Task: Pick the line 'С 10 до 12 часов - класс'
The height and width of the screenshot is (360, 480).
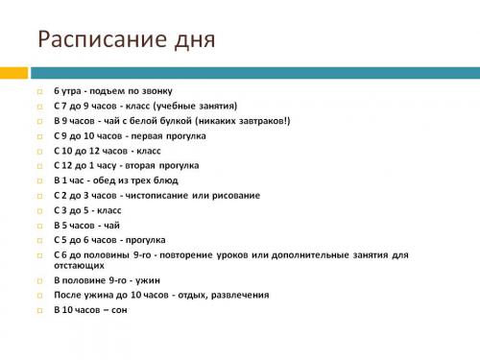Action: [x=108, y=151]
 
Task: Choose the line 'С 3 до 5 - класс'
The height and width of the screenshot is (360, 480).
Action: [x=88, y=210]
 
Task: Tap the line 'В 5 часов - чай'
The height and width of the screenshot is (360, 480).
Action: [x=86, y=225]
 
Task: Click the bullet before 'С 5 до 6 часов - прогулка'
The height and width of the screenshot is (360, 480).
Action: [x=40, y=240]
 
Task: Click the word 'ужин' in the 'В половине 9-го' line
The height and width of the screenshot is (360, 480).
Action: [x=130, y=280]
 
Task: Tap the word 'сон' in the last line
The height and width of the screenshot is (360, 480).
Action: [x=118, y=310]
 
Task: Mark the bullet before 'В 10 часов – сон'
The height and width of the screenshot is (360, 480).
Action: [x=40, y=310]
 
